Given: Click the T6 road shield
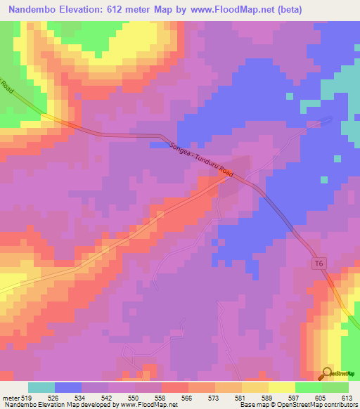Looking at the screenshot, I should click(320, 263).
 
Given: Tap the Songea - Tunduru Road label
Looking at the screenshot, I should click(201, 159).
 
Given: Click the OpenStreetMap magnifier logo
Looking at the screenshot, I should click(328, 373).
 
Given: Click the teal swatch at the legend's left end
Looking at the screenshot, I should click(41, 387).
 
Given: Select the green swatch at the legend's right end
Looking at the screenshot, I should click(335, 387).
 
